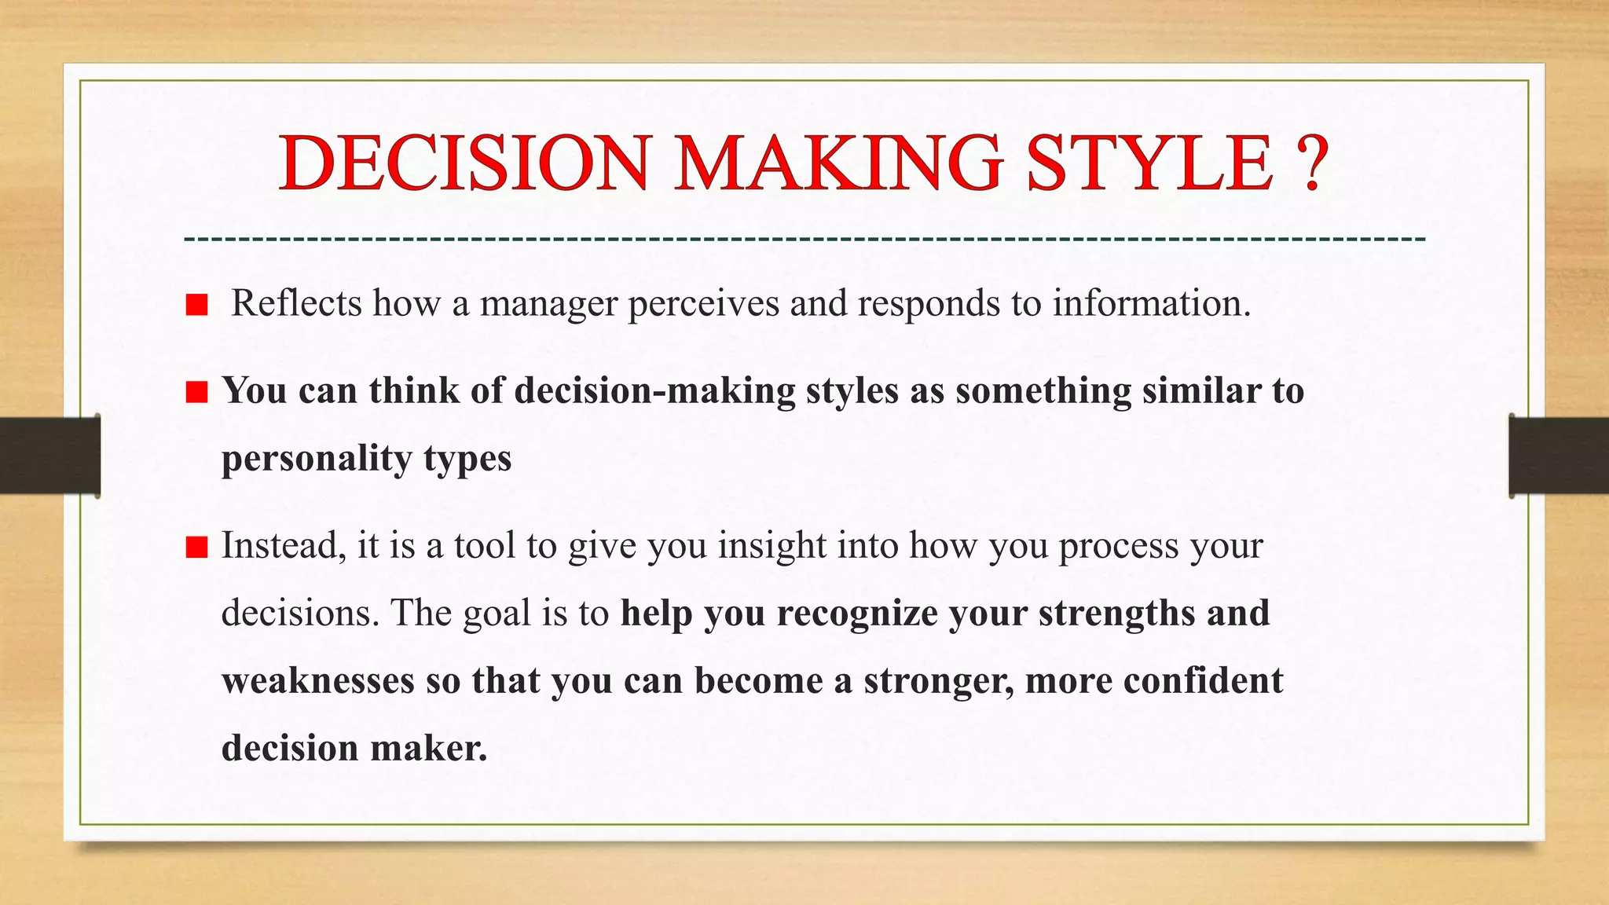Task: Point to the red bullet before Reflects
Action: (196, 305)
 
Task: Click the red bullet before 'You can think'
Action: (196, 392)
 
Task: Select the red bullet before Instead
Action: (196, 547)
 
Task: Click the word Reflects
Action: (296, 303)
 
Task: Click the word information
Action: (1150, 303)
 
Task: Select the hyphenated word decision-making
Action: (655, 391)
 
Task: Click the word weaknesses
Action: (317, 680)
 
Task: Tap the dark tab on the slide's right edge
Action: (1559, 456)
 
